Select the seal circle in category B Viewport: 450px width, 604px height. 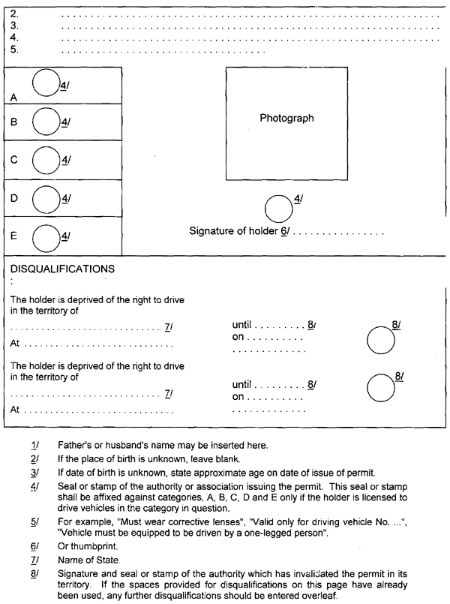[46, 120]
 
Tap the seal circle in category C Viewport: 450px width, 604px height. [46, 159]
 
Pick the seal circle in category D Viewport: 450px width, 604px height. [46, 198]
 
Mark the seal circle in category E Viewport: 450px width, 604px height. [46, 237]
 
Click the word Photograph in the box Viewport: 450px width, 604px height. [286, 119]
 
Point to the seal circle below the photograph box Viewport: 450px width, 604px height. [280, 208]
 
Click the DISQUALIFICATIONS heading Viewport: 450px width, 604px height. [62, 268]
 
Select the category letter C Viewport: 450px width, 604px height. [14, 160]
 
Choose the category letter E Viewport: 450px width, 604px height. [14, 236]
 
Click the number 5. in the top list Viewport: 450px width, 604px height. [14, 50]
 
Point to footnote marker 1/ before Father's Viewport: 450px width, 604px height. [34, 445]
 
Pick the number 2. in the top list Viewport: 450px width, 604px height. [14, 14]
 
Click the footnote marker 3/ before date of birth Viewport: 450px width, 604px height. [34, 473]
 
